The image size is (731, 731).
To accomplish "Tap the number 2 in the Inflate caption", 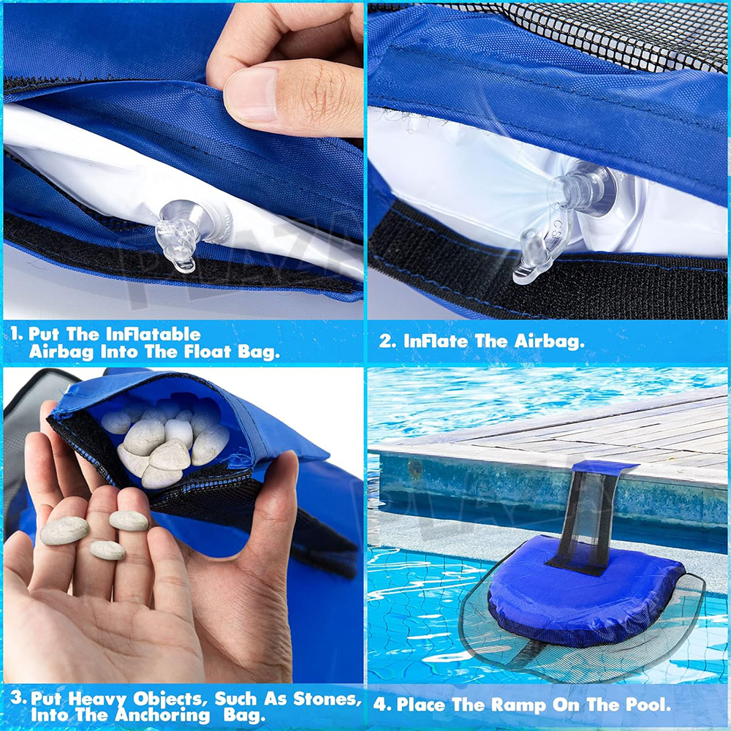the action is point(385,341).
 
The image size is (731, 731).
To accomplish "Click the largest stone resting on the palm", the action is point(64,531).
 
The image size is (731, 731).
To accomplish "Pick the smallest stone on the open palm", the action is point(107,550).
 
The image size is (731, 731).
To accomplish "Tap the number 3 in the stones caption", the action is point(17,698).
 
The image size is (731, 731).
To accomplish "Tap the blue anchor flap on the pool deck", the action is point(605,467).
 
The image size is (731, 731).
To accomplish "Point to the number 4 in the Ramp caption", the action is point(379,704).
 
